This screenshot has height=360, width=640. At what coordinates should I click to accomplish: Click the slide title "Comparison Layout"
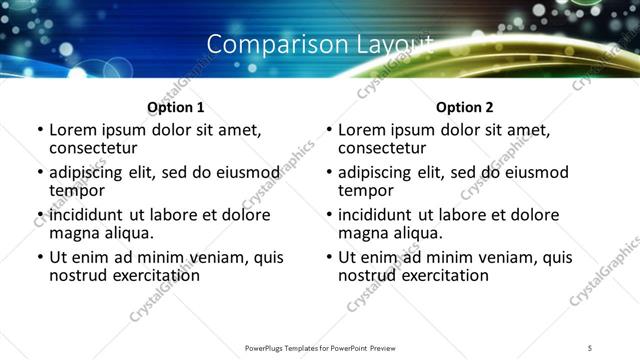tap(320, 45)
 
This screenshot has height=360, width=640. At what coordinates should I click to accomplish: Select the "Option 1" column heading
tap(176, 107)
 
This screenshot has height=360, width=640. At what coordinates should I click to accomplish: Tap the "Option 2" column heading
tap(465, 107)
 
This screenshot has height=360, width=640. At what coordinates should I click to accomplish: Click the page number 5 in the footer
tap(590, 347)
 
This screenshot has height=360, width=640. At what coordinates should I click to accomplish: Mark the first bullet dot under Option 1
tap(40, 131)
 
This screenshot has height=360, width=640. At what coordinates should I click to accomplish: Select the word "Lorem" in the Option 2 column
tap(363, 130)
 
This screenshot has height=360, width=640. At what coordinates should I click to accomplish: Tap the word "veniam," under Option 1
tap(222, 257)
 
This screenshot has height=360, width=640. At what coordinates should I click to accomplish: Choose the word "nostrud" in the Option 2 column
tap(369, 275)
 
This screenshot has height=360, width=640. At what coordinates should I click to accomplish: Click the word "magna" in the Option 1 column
tap(74, 233)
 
